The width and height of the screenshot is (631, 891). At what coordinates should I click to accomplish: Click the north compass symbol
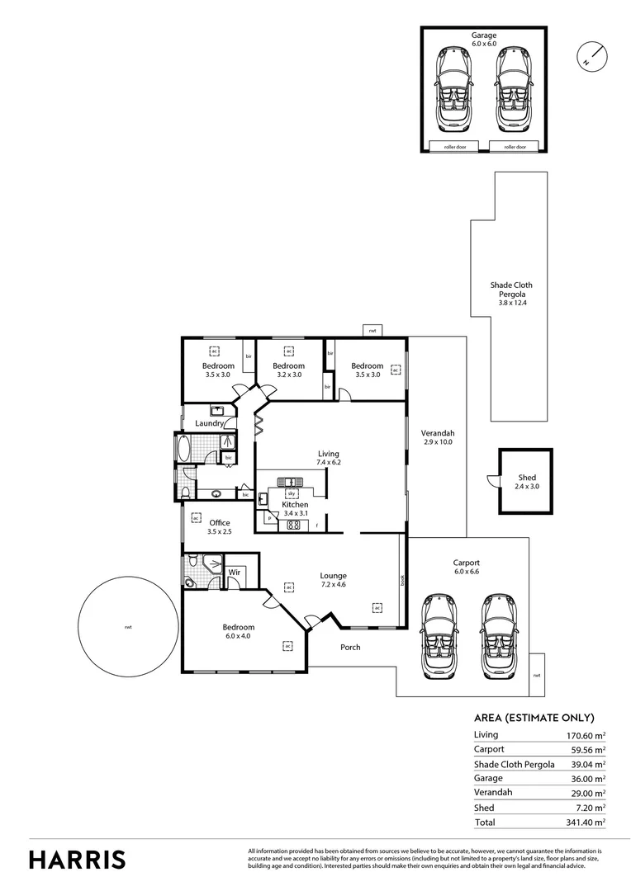tap(592, 55)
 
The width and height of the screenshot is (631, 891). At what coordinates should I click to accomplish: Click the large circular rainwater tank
tap(128, 627)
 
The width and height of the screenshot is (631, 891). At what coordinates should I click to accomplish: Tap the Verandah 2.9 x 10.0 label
tap(438, 438)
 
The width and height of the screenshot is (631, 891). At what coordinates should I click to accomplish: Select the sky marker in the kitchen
tap(292, 493)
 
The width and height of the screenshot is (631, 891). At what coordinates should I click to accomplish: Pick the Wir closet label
tap(234, 571)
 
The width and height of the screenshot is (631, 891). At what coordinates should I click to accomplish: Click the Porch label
tap(350, 647)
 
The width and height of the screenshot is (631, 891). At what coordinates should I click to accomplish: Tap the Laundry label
tap(210, 424)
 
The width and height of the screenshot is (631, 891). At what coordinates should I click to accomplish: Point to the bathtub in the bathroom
tap(183, 450)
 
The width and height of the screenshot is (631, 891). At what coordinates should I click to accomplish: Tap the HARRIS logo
tap(78, 859)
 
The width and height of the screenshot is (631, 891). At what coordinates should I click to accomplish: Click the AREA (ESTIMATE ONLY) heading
tap(534, 718)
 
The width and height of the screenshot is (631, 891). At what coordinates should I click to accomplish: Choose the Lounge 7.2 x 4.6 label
tap(334, 581)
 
